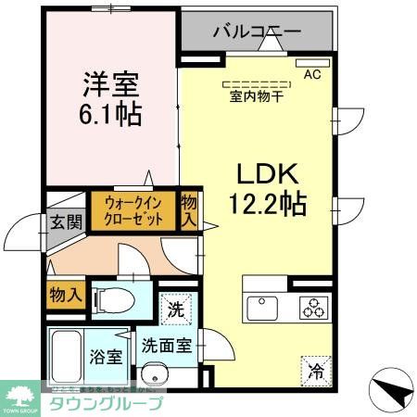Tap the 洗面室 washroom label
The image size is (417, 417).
tap(167, 345)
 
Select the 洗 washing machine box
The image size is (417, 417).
tap(176, 310)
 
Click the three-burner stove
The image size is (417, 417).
tap(312, 306)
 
